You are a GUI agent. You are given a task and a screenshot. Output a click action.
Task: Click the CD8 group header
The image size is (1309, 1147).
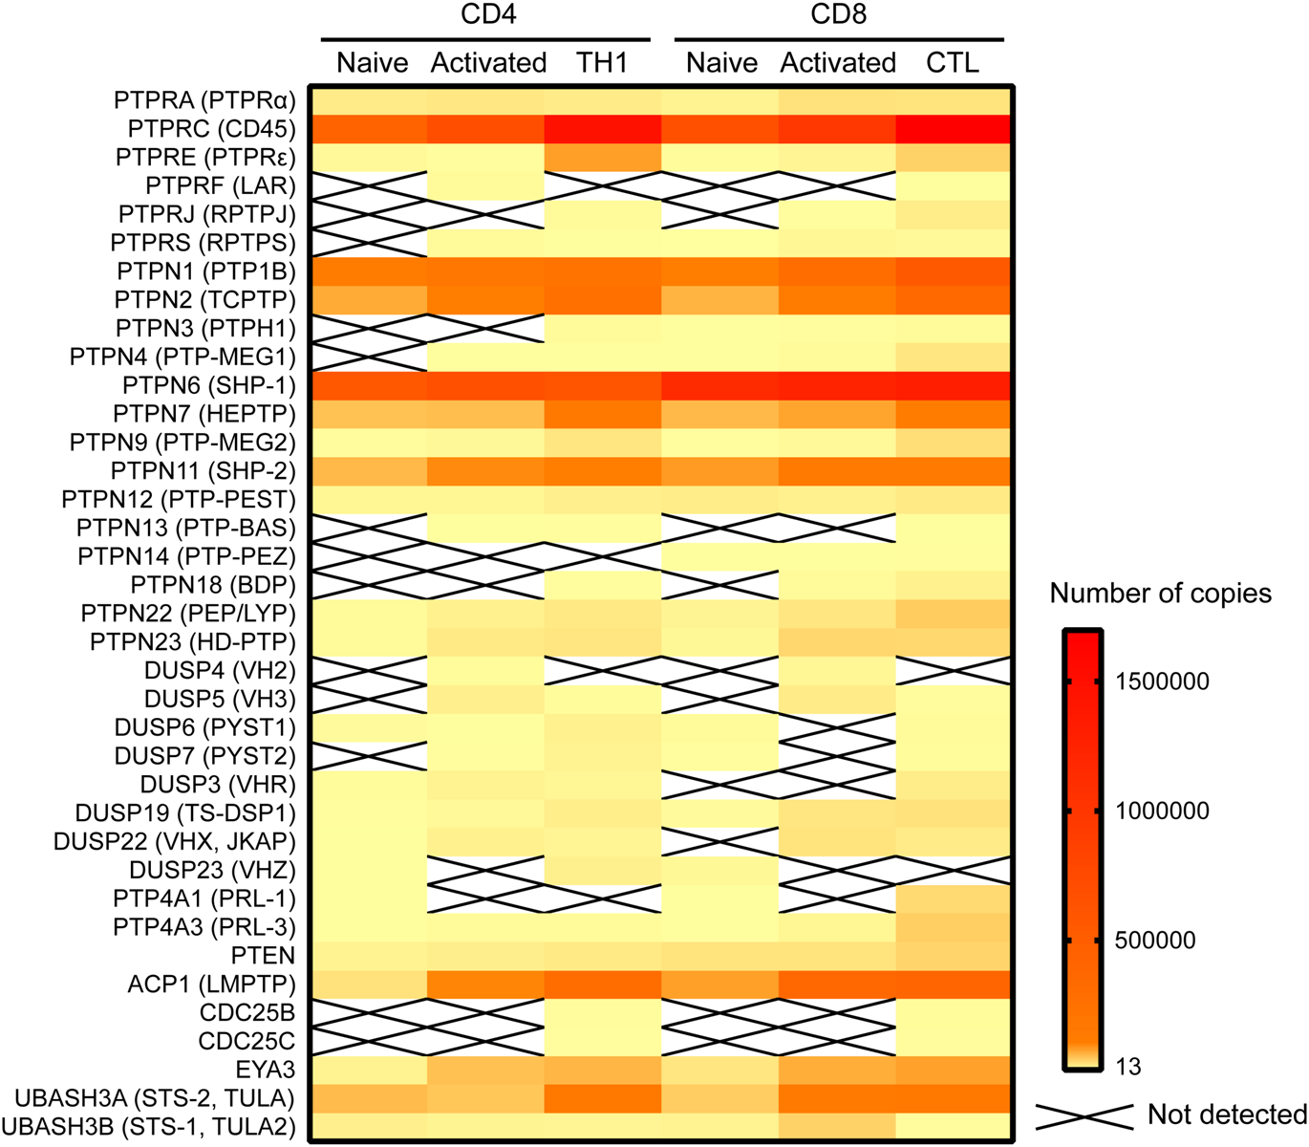pos(838,15)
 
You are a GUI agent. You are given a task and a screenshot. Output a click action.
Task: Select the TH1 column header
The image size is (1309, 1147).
pos(602,63)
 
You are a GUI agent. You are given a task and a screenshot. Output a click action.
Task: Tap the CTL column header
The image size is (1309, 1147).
pos(953,63)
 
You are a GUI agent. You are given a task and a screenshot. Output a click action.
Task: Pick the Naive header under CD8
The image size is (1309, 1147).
pos(721,63)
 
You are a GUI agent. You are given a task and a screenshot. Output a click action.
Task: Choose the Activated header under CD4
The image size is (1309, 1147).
pos(488,63)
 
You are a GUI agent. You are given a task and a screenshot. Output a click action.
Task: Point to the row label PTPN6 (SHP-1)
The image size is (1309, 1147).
pos(209,386)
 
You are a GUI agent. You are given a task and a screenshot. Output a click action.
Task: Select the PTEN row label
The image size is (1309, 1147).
pos(263,956)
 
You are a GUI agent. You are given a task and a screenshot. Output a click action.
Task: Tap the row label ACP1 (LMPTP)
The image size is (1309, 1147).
pos(211,985)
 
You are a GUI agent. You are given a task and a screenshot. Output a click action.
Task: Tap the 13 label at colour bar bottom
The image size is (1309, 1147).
pos(1128,1067)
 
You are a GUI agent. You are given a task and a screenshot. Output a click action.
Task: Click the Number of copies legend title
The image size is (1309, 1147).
pos(1160,594)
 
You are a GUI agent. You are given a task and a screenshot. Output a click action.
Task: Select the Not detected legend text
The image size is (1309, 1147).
pos(1227,1115)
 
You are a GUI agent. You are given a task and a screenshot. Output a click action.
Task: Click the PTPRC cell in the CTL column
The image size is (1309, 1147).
pos(954,129)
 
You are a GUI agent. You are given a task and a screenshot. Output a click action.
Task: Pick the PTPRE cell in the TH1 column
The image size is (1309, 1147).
pos(602,158)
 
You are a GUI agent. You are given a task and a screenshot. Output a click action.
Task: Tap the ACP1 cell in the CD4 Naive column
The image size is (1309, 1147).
pos(369,985)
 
